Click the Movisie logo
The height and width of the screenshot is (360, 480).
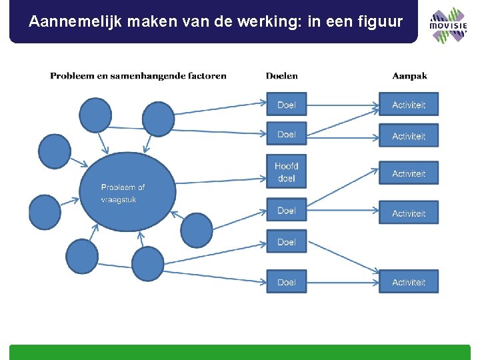[447, 25]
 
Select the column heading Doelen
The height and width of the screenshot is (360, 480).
[281, 76]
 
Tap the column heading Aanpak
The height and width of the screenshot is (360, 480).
[409, 76]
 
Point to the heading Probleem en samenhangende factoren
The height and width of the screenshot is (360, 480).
[138, 76]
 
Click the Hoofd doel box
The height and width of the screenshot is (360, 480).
[286, 172]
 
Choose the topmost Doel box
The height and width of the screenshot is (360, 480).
[286, 105]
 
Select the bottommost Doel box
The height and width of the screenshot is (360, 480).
[286, 282]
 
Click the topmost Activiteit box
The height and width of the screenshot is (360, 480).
[409, 105]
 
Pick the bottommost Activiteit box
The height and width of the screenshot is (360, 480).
[409, 282]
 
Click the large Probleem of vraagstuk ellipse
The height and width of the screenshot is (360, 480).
[128, 192]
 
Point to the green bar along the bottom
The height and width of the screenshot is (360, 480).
[240, 352]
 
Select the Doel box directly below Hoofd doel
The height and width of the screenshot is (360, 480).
[286, 211]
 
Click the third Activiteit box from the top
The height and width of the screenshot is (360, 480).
[409, 173]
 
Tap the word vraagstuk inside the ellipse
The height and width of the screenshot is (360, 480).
[119, 199]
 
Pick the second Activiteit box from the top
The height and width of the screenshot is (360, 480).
[409, 136]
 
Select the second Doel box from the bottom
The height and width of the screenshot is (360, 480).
[286, 242]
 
